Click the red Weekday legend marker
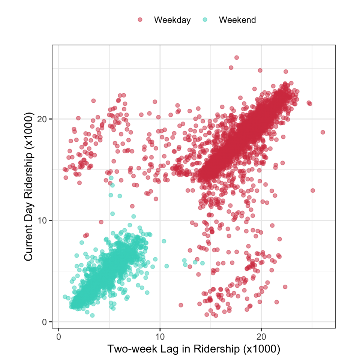click(x=140, y=20)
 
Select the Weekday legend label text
click(x=172, y=20)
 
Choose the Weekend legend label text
click(x=237, y=20)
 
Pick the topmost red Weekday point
click(x=236, y=57)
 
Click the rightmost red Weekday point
click(x=322, y=132)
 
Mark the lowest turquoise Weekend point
click(x=92, y=315)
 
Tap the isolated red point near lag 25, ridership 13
click(x=313, y=190)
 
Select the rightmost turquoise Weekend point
click(x=202, y=263)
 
